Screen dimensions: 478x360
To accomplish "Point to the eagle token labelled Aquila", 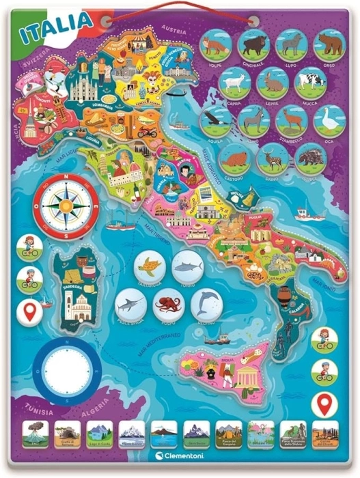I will [216, 120].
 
